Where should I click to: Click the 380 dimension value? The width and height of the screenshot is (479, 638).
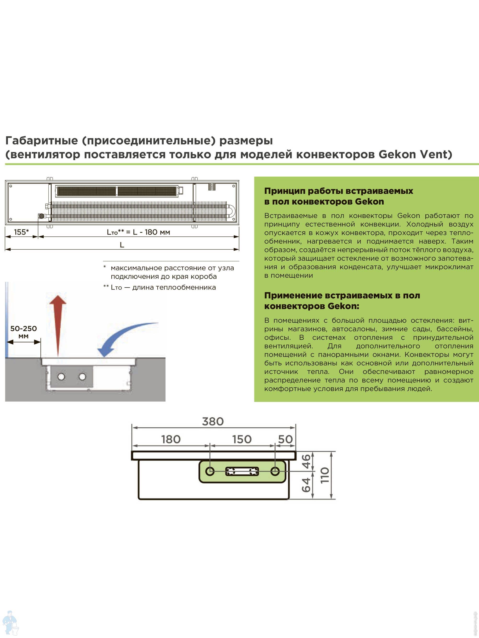click(213, 421)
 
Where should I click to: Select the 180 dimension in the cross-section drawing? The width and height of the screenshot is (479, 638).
click(171, 439)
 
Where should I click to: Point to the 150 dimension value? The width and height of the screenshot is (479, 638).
click(242, 439)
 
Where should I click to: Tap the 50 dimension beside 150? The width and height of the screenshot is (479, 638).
click(285, 439)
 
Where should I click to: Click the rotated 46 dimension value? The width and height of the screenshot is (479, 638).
click(306, 461)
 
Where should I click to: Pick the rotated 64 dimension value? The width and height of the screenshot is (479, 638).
click(306, 485)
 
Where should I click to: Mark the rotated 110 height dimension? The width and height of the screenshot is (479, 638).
click(325, 475)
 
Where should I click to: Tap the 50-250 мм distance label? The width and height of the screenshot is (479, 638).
click(23, 332)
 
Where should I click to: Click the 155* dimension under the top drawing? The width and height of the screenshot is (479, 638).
click(21, 232)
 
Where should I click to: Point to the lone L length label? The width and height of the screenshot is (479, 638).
click(122, 245)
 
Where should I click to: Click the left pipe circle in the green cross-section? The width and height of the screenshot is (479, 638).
click(210, 471)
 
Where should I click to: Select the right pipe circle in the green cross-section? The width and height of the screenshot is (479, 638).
click(275, 471)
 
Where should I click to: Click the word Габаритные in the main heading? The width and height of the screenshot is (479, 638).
click(42, 141)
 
